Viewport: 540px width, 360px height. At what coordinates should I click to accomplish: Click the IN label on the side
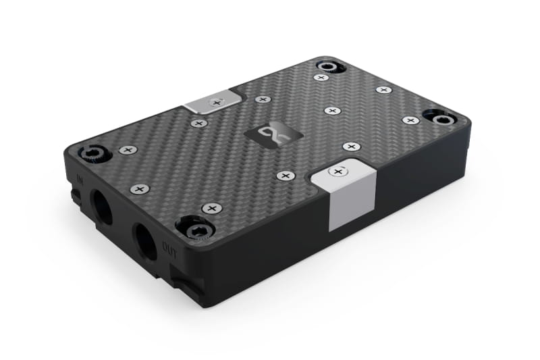pos(80,179)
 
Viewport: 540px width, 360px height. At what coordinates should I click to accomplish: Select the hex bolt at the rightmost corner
pos(441,120)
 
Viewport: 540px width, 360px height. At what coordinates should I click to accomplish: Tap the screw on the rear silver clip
pos(216,103)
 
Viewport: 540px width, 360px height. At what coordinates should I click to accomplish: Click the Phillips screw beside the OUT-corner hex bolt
pos(212,208)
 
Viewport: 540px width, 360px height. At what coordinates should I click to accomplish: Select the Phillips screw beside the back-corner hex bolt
pos(321,78)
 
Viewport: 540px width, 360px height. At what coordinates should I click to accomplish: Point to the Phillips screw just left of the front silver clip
pos(286,176)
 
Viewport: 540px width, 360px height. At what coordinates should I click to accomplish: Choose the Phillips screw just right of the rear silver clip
pos(263,99)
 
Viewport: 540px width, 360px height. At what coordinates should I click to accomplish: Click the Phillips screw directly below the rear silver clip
pos(198,123)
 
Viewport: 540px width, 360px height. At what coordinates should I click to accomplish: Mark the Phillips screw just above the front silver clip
pos(351,146)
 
